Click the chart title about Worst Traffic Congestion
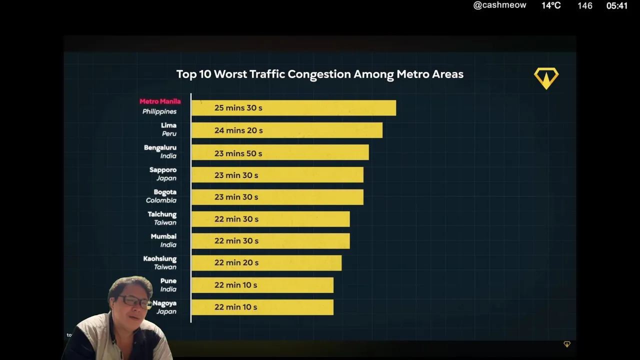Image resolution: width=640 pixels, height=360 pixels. (320, 74)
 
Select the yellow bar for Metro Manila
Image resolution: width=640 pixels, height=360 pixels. (293, 108)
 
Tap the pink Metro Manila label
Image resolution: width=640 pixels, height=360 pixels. (160, 101)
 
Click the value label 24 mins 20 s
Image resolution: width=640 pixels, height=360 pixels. (238, 130)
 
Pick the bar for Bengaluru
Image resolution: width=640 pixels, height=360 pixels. (280, 153)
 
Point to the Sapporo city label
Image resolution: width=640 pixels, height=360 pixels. (163, 170)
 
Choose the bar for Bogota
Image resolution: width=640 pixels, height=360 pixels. (277, 197)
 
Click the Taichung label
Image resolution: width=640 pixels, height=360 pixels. (162, 214)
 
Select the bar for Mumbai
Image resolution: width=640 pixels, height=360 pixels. (270, 241)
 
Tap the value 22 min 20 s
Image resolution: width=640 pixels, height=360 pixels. (236, 263)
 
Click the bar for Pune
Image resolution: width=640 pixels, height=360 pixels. (262, 285)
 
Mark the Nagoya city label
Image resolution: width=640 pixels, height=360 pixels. (164, 303)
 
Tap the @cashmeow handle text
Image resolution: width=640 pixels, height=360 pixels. (499, 5)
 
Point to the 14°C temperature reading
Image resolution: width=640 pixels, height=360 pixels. (551, 5)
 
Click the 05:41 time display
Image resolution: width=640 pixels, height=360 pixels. (616, 6)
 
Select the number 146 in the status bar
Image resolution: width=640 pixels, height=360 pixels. (584, 6)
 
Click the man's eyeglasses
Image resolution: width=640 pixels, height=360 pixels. (132, 301)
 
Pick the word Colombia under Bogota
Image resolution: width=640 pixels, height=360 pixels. (161, 200)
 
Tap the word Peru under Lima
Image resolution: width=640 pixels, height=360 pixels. (169, 134)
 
